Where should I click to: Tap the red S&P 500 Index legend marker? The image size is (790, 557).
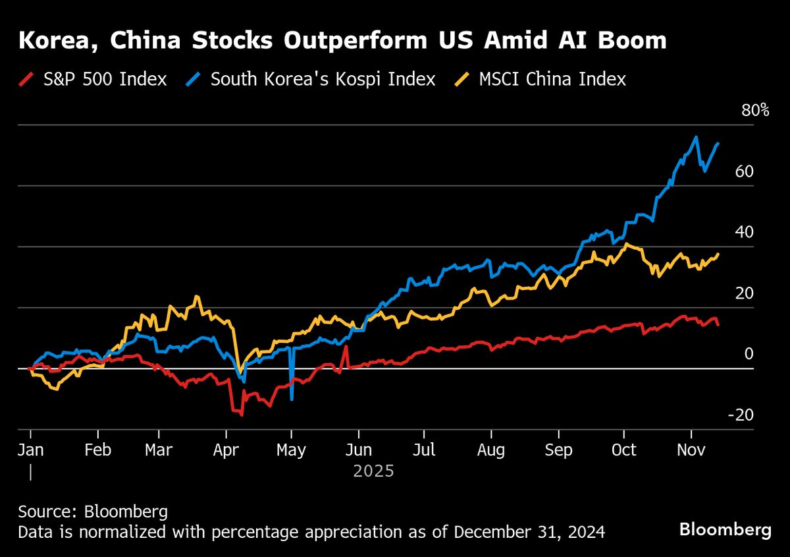tap(24, 80)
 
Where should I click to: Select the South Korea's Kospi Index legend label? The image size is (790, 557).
tap(323, 80)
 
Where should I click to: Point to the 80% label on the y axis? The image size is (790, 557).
tap(755, 110)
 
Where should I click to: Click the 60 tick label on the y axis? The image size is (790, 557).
tap(745, 171)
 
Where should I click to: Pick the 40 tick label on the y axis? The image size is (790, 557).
tap(745, 232)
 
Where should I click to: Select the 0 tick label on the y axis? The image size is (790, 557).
tap(748, 354)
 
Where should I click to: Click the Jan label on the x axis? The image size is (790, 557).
tap(30, 450)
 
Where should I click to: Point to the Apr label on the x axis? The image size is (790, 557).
tap(226, 450)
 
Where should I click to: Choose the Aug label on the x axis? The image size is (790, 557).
tap(491, 450)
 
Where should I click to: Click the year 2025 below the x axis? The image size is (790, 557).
tap(373, 472)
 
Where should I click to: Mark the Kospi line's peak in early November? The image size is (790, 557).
tap(696, 137)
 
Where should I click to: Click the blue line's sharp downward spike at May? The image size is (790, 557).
tap(292, 399)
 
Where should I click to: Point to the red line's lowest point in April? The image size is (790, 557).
tap(242, 415)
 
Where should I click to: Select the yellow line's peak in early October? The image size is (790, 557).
tap(627, 244)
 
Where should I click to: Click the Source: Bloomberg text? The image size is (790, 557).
tap(84, 512)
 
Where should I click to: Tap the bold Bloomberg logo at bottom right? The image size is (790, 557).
tap(725, 529)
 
